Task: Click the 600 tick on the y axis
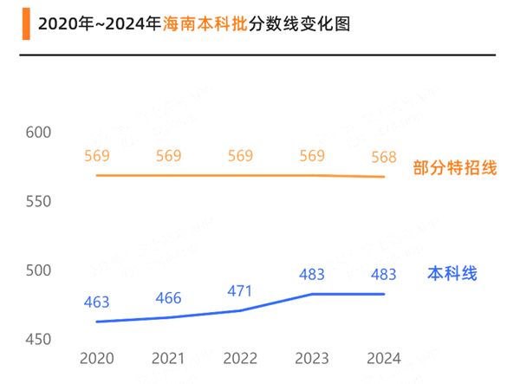[38, 133]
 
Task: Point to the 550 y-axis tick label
[38, 201]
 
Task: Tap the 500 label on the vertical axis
[38, 270]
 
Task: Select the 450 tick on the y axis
[38, 339]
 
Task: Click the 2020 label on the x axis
[96, 358]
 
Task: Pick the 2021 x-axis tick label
[168, 358]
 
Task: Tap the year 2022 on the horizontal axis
[240, 358]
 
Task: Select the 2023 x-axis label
[312, 358]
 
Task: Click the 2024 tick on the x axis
[384, 358]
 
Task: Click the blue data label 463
[96, 303]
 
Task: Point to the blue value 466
[168, 298]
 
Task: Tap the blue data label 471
[240, 291]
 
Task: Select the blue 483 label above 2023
[312, 275]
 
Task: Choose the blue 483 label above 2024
[384, 275]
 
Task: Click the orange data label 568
[384, 157]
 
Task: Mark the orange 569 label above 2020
[96, 156]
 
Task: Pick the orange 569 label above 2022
[240, 156]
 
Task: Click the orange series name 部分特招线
[455, 168]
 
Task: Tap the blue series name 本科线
[452, 274]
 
